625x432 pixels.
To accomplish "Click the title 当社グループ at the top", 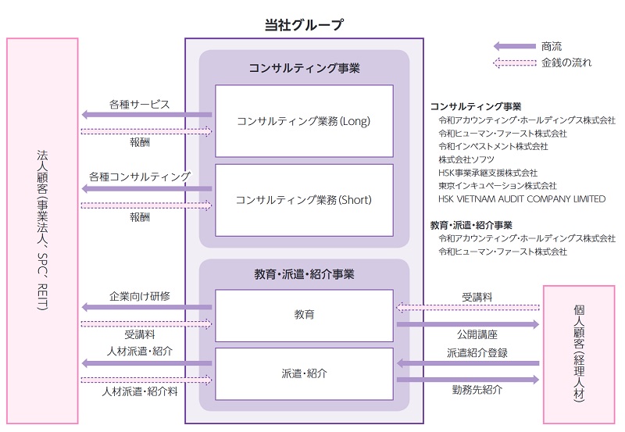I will pyautogui.click(x=304, y=24).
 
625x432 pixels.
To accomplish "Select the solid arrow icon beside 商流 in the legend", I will pyautogui.click(x=514, y=46).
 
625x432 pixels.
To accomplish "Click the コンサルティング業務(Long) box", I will pyautogui.click(x=304, y=121).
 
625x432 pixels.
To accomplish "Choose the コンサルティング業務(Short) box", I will pyautogui.click(x=304, y=200).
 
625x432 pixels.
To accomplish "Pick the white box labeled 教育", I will pyautogui.click(x=304, y=315).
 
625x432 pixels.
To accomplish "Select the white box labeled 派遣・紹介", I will pyautogui.click(x=304, y=373).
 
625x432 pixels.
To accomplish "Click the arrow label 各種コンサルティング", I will pyautogui.click(x=139, y=177).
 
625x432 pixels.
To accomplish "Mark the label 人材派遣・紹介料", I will pyautogui.click(x=139, y=391).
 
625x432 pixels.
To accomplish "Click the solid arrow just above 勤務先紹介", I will pyautogui.click(x=467, y=380).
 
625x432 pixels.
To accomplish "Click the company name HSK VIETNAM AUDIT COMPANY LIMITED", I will pyautogui.click(x=522, y=199).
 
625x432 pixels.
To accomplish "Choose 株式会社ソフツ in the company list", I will pyautogui.click(x=466, y=159).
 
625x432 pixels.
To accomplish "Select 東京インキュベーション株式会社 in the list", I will pyautogui.click(x=498, y=186).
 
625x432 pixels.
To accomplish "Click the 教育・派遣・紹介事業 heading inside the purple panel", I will pyautogui.click(x=304, y=274).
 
